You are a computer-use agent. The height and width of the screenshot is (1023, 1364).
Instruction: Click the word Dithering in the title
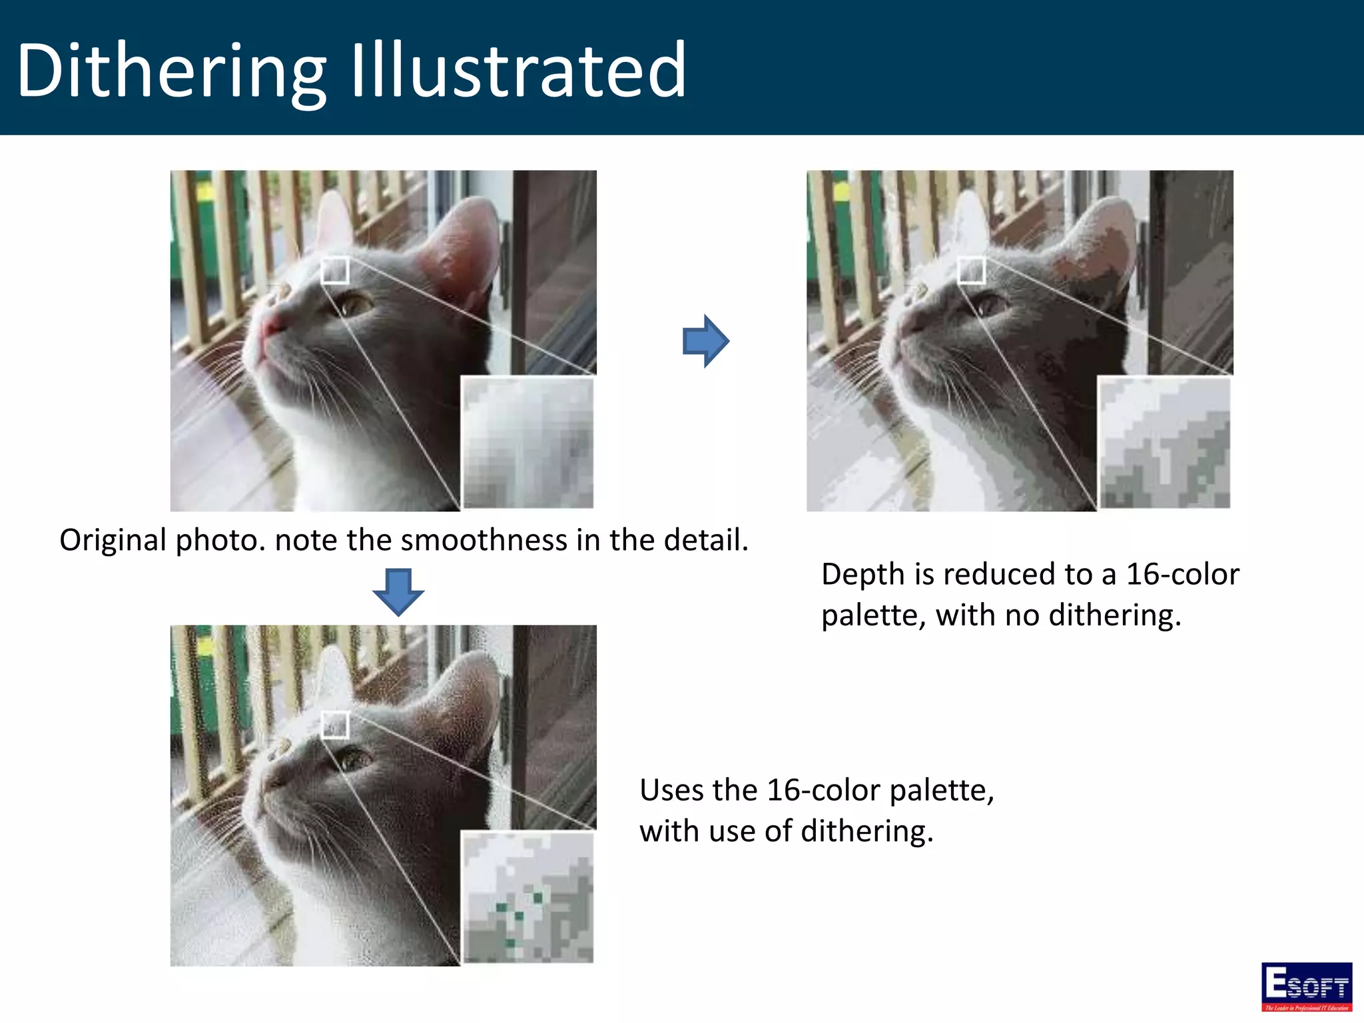pyautogui.click(x=171, y=71)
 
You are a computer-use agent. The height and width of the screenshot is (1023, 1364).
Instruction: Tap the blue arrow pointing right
pyautogui.click(x=705, y=341)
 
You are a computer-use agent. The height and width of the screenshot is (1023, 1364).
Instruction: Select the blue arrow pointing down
pyautogui.click(x=398, y=591)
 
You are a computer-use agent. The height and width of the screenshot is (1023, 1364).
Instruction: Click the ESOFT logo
pyautogui.click(x=1306, y=986)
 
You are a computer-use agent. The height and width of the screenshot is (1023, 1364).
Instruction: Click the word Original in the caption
pyautogui.click(x=113, y=540)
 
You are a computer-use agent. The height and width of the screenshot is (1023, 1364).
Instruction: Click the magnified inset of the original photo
pyautogui.click(x=527, y=442)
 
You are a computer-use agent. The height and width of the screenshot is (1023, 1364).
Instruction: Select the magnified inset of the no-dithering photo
pyautogui.click(x=1164, y=442)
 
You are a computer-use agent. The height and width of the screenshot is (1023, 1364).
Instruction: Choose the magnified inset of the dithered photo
pyautogui.click(x=527, y=896)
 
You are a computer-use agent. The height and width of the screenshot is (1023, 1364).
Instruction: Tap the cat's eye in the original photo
pyautogui.click(x=354, y=306)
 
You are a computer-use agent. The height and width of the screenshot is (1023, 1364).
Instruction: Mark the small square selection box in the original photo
pyautogui.click(x=335, y=270)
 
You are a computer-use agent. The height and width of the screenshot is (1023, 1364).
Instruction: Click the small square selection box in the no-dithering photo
pyautogui.click(x=971, y=270)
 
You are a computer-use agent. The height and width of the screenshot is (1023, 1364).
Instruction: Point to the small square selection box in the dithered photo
pyautogui.click(x=335, y=725)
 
